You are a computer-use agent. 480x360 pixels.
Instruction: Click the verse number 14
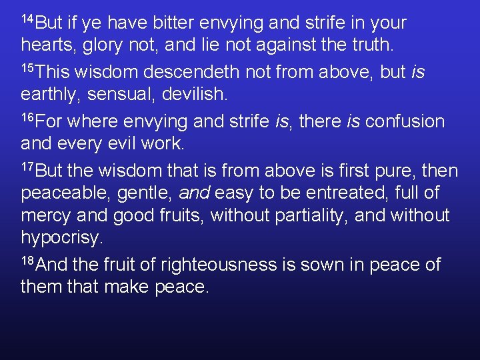[x=27, y=18]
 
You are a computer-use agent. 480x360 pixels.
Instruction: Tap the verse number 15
[x=27, y=67]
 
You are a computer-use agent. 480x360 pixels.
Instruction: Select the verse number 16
[x=27, y=117]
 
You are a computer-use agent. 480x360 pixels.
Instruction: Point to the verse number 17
[x=27, y=166]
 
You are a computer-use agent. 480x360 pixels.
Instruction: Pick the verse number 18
[x=27, y=261]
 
